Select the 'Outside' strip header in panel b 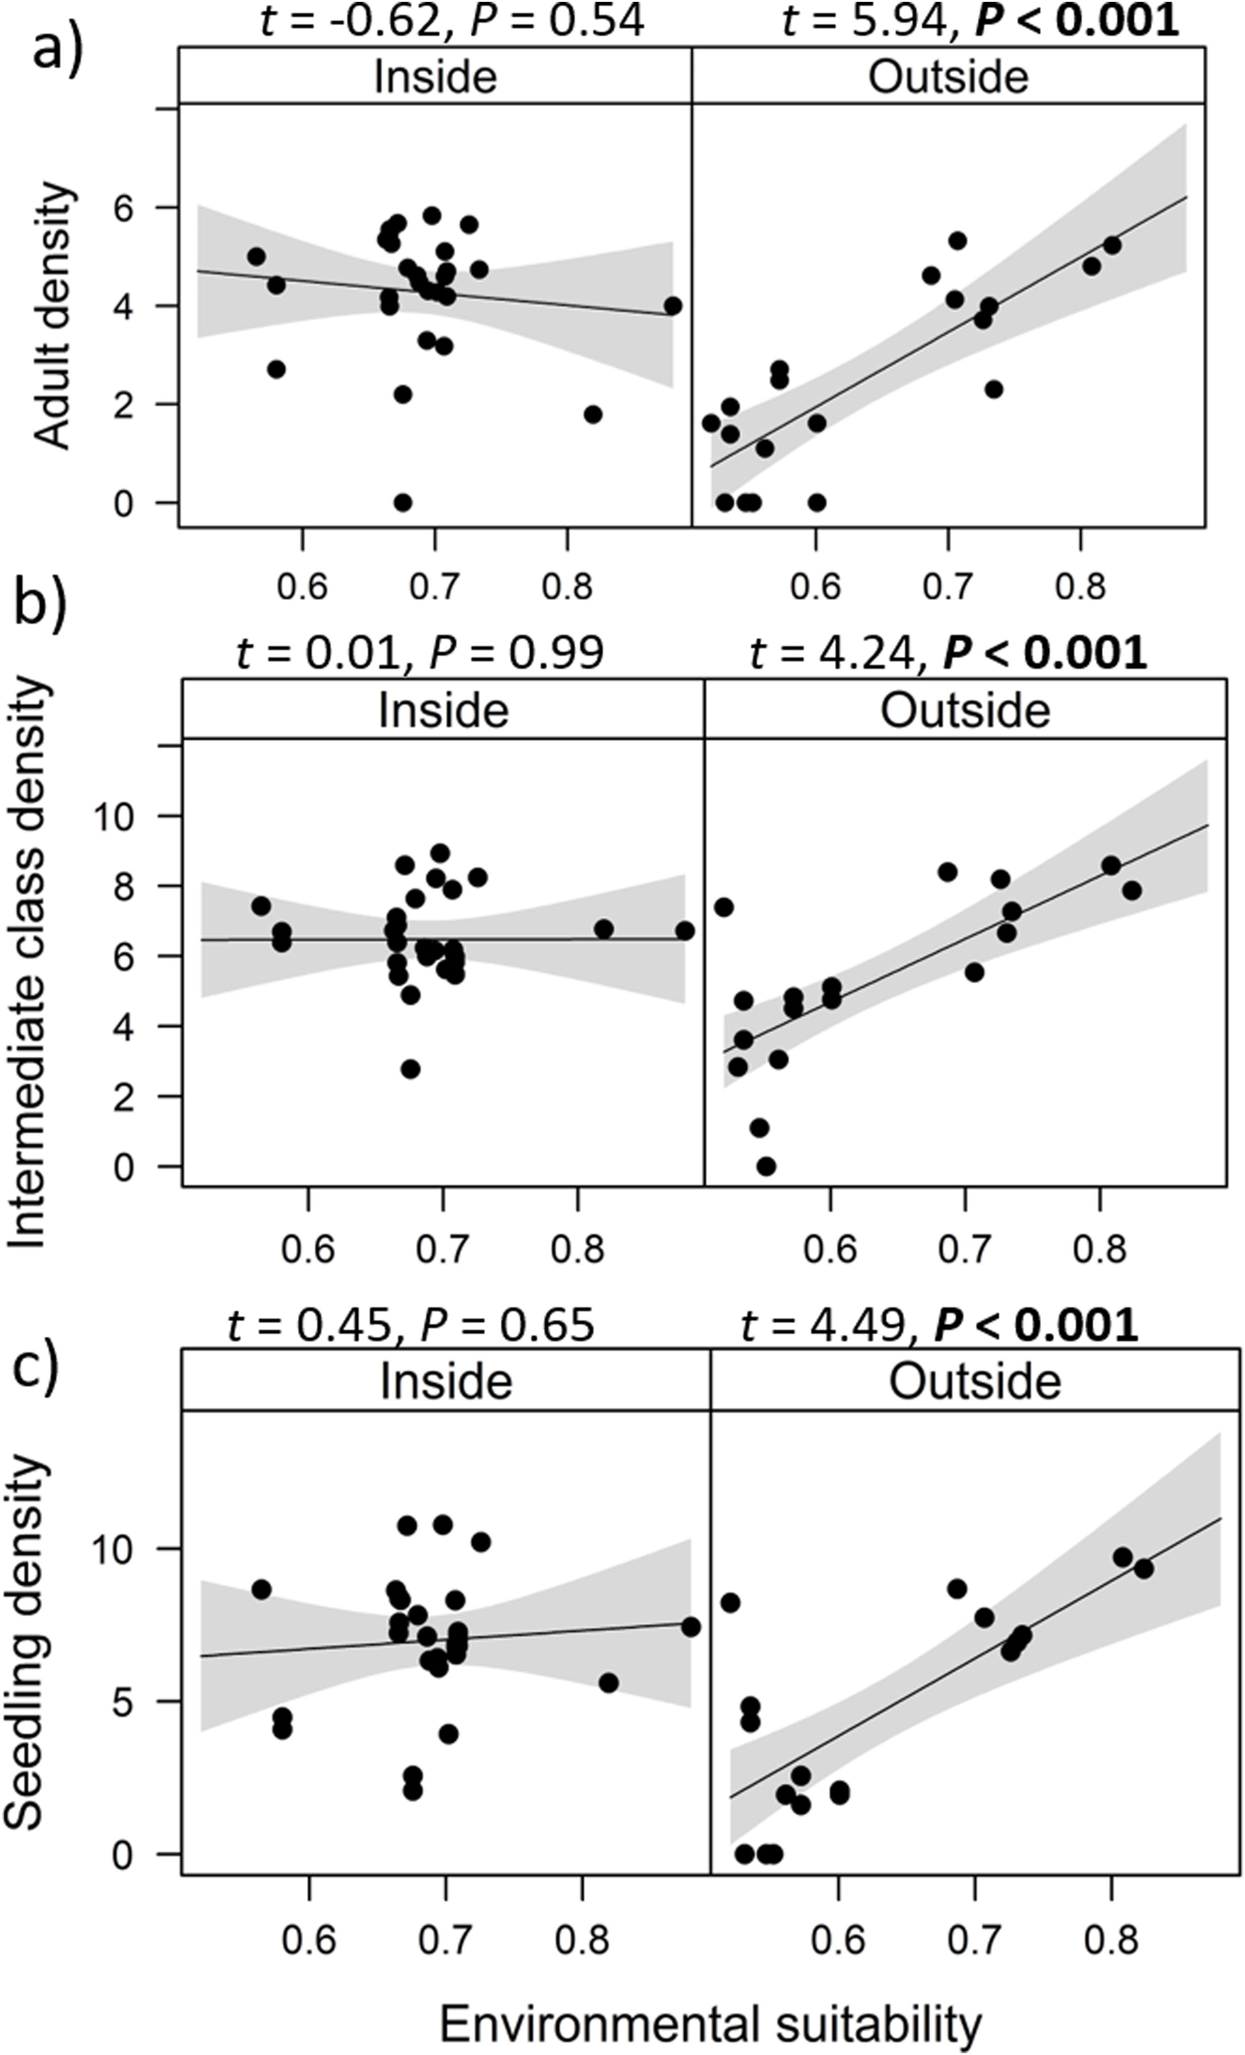965,712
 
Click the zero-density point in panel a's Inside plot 403,503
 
